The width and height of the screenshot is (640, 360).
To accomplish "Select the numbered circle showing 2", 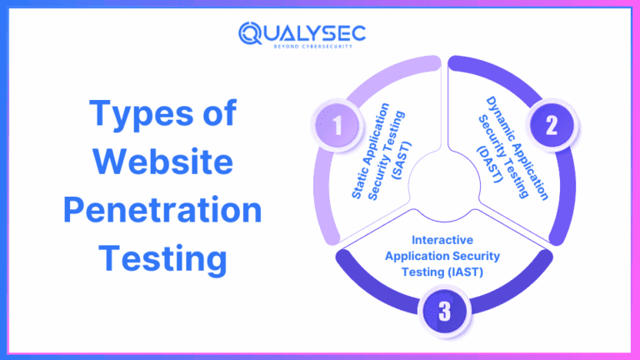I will coord(551,126).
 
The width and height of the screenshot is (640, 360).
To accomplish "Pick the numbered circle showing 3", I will coord(444,312).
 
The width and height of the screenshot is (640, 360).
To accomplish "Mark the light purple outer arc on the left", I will coord(321,192).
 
